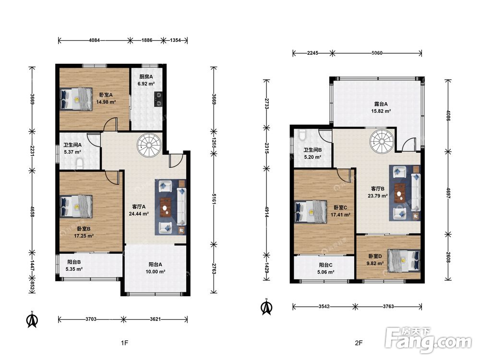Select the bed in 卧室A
click(x=76, y=98)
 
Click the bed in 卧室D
click(x=404, y=261)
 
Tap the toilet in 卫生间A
click(x=80, y=163)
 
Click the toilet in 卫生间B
click(x=302, y=135)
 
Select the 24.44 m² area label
click(x=139, y=214)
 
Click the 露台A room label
click(x=381, y=104)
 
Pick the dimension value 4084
click(x=94, y=40)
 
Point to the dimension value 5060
click(x=377, y=53)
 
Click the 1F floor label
click(x=124, y=343)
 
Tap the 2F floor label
click(x=359, y=343)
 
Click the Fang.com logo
click(x=428, y=339)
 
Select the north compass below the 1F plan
click(x=32, y=319)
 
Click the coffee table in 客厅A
click(x=165, y=207)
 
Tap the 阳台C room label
click(x=326, y=265)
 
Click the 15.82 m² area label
click(x=381, y=111)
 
